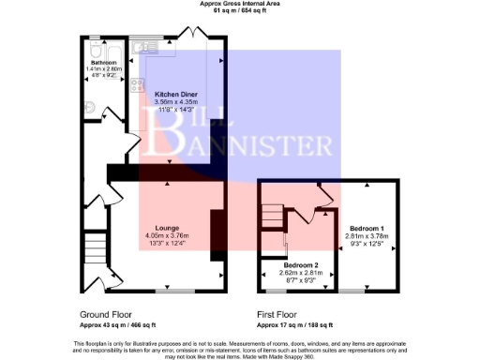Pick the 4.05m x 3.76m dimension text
pos(167,235)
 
